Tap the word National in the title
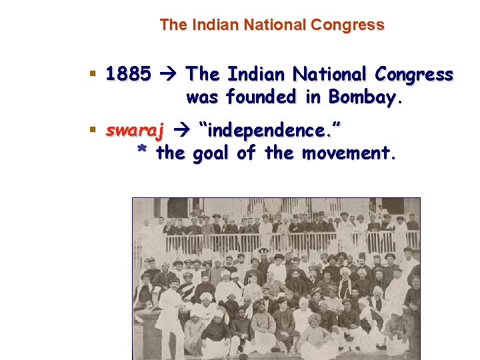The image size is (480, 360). pos(274,25)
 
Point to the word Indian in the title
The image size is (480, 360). pos(217,25)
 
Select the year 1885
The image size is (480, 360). pos(128,74)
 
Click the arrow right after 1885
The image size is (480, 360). pos(168,74)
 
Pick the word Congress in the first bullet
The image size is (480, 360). pos(415,74)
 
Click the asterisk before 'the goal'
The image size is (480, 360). pos(141,153)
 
